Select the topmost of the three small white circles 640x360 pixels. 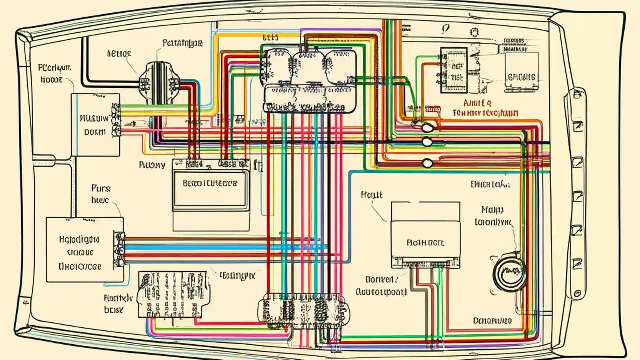[x=427, y=127]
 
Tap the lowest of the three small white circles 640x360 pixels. [x=427, y=163]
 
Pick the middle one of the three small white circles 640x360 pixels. [x=427, y=142]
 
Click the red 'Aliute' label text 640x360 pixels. [x=478, y=103]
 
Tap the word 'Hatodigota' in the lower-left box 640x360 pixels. [x=79, y=239]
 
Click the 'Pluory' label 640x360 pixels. [x=152, y=164]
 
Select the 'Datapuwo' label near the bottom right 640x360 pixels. [x=492, y=320]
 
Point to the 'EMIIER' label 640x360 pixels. [x=490, y=184]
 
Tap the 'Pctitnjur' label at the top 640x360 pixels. [x=183, y=43]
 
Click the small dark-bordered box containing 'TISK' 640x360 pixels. [x=453, y=70]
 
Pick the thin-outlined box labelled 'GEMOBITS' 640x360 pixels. [x=521, y=72]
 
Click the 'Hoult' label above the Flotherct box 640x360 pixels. [x=371, y=195]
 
